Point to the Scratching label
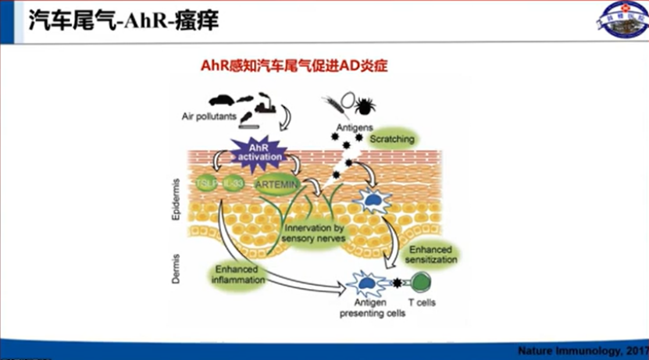[x=393, y=138]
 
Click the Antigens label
[x=347, y=124]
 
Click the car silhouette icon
[x=222, y=99]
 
